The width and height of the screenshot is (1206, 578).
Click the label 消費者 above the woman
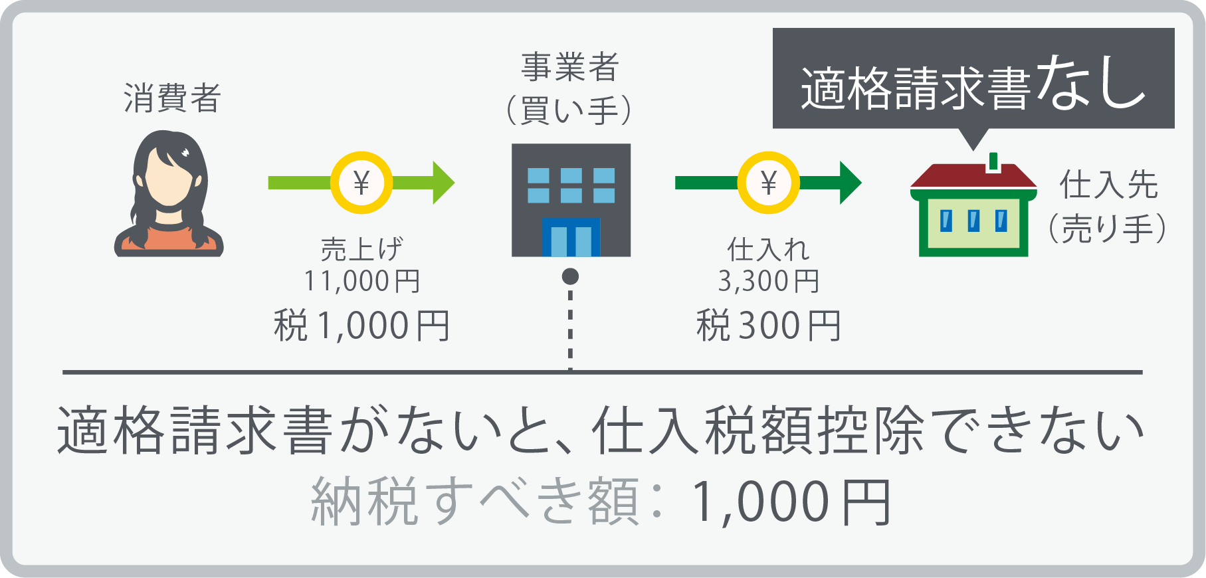pos(172,98)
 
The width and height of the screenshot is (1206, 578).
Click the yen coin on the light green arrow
pos(361,183)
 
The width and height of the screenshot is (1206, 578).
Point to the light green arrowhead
pos(443,183)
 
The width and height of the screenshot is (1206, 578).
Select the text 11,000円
pos(362,281)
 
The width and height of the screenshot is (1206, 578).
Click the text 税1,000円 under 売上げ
pos(362,326)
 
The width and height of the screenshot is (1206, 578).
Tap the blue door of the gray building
pos(571,237)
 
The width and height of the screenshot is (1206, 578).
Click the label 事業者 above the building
pos(570,67)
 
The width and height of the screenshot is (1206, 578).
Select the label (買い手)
pos(569,110)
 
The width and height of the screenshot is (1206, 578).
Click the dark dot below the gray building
pos(570,276)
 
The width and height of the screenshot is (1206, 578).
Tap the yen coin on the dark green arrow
pos(768,183)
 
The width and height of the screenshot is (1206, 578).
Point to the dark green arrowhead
pos(850,183)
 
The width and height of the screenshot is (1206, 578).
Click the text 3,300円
pos(769,281)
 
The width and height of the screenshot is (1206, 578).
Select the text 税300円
pos(769,326)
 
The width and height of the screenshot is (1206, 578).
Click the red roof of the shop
pos(973,176)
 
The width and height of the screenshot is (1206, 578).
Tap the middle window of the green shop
pos(973,221)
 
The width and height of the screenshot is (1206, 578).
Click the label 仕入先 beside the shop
pos(1108,185)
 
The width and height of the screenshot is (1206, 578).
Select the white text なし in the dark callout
pos(1090,84)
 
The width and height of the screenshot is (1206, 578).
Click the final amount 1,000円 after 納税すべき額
pos(791,503)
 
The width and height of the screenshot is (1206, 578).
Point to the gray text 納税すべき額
pos(475,503)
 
